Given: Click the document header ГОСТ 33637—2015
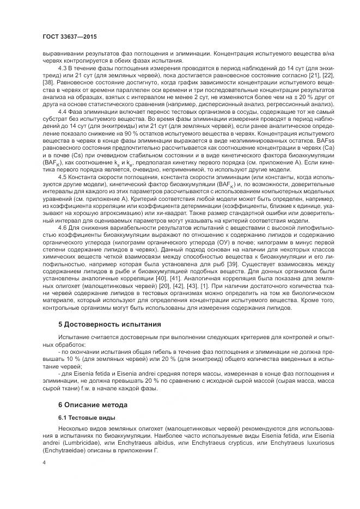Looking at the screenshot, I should (66, 37).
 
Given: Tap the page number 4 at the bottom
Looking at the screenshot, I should (44, 462).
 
